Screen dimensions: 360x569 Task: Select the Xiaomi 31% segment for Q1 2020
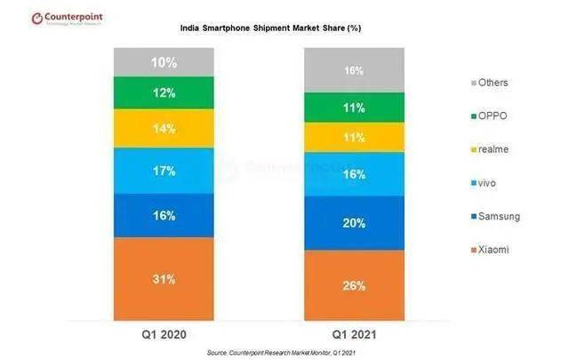click(x=163, y=278)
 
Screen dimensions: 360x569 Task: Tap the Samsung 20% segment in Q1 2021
click(x=355, y=223)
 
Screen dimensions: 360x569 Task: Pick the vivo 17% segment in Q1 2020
click(x=163, y=171)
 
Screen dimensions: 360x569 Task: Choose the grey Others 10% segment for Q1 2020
click(x=163, y=62)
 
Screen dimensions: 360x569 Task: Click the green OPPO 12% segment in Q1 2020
click(x=163, y=92)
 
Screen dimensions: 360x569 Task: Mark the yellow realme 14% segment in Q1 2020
click(x=163, y=128)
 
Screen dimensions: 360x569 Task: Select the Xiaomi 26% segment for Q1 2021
click(x=355, y=285)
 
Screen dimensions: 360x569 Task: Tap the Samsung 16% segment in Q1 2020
click(x=163, y=215)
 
